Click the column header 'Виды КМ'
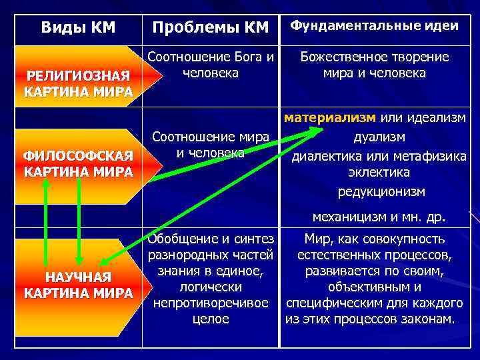coord(78,27)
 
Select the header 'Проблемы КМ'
coord(210,27)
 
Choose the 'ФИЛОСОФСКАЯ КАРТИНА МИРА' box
coord(78,163)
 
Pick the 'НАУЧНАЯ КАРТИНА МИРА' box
coord(78,285)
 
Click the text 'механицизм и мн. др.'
coord(379,216)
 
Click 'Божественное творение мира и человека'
coord(374,64)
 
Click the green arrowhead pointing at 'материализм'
coord(315,132)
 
